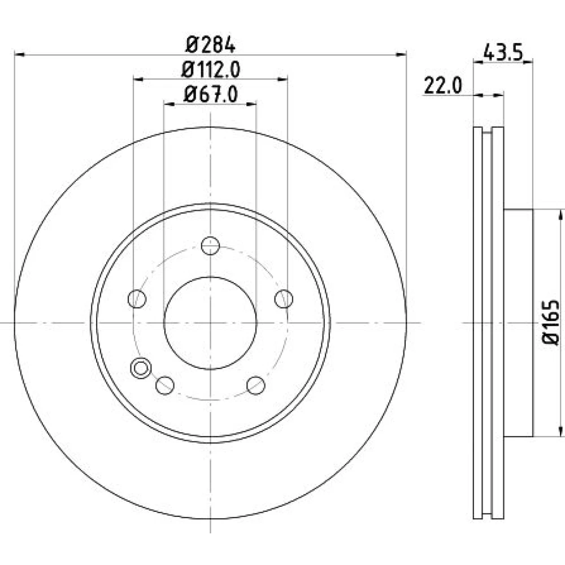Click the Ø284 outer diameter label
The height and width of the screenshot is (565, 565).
tap(210, 45)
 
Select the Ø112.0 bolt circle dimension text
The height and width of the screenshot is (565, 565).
tap(210, 70)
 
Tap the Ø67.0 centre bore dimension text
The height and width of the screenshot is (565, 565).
tap(210, 95)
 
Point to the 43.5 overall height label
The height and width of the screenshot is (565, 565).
tap(502, 53)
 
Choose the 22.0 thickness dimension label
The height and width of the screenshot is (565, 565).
tap(443, 86)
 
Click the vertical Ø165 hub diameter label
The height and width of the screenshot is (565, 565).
tap(551, 323)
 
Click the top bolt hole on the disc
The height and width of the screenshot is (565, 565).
tap(210, 246)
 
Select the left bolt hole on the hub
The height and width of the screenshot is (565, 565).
tap(137, 299)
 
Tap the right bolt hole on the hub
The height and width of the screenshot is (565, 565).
tap(284, 299)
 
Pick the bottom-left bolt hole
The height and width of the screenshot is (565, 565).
tap(165, 385)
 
